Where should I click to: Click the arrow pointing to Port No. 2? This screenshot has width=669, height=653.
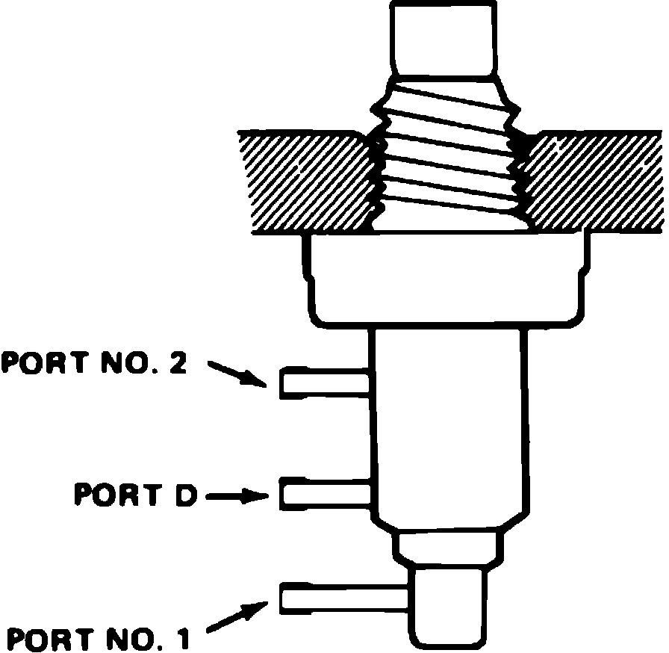click(237, 373)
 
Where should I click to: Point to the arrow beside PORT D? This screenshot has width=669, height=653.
click(236, 495)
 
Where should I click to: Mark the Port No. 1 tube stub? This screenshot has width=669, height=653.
click(343, 597)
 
